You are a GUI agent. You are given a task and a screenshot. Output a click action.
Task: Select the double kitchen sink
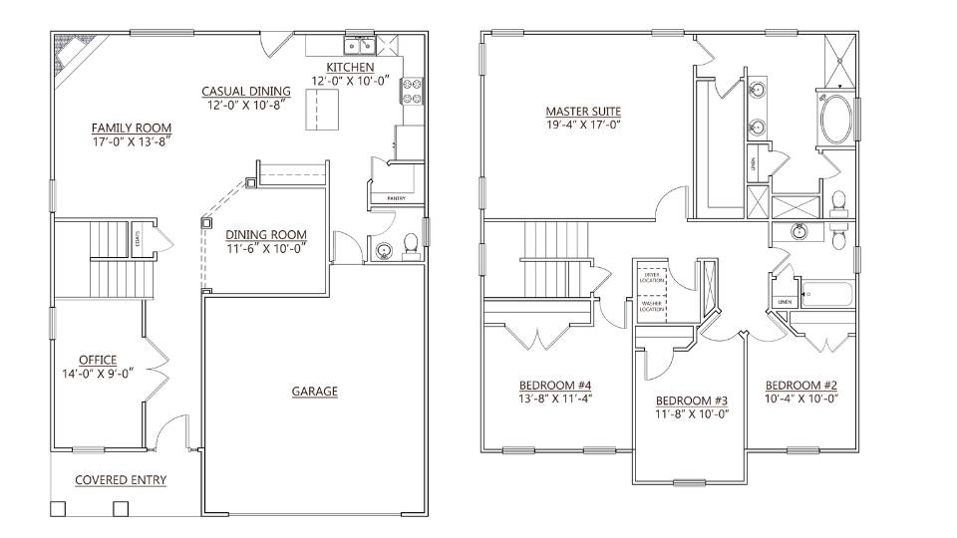tap(358, 45)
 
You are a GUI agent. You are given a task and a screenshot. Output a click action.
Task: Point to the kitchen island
tap(320, 107)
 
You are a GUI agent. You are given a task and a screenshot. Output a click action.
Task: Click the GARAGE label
tap(314, 392)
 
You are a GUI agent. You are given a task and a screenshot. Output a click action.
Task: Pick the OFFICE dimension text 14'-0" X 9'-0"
tap(98, 374)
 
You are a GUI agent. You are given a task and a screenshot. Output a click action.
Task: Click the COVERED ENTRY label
tap(121, 480)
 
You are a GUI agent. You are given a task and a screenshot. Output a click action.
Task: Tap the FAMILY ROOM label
tap(131, 129)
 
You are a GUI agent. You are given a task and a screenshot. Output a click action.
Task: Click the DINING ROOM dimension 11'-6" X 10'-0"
tap(265, 248)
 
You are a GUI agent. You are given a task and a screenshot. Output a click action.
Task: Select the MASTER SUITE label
tap(583, 111)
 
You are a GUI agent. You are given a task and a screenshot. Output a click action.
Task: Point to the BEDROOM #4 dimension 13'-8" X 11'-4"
tap(555, 400)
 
